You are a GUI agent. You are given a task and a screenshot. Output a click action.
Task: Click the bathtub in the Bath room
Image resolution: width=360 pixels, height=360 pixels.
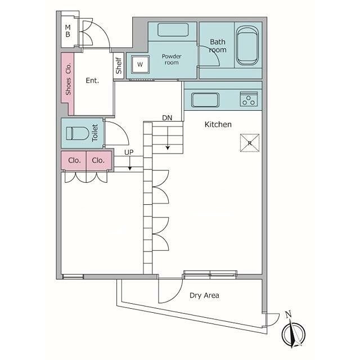(247, 46)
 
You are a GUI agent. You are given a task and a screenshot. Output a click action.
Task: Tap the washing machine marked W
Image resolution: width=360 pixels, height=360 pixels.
(140, 65)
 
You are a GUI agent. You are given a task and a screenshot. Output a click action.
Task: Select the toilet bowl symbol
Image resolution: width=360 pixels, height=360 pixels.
(78, 133)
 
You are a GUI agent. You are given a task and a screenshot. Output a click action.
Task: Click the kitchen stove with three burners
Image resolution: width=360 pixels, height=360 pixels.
(249, 99)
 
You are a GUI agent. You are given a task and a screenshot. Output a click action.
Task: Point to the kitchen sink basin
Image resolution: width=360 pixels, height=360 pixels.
(205, 100)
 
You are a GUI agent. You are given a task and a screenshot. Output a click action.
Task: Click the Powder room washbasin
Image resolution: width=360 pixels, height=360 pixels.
(173, 30)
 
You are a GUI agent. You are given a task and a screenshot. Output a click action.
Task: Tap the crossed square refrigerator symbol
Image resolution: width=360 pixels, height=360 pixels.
(250, 143)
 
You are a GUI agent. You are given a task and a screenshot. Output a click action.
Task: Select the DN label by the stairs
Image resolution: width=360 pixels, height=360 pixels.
(167, 118)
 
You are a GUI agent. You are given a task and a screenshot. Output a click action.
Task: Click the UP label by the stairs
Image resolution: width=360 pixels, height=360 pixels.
(129, 152)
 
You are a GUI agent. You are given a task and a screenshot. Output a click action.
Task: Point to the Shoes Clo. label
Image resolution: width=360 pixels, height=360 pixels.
(68, 79)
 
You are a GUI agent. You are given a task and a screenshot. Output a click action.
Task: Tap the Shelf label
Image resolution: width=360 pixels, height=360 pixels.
(119, 65)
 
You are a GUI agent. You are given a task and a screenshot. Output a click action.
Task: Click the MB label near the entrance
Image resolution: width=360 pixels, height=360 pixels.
(67, 31)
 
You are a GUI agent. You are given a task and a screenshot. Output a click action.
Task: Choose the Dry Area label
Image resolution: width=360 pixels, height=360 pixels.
(204, 295)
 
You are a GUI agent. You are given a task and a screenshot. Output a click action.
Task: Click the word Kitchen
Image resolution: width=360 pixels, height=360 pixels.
(218, 124)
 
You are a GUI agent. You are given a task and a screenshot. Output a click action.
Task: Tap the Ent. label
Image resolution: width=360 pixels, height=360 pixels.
(92, 80)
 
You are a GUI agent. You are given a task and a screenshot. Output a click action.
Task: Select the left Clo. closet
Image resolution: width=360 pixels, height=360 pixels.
(74, 160)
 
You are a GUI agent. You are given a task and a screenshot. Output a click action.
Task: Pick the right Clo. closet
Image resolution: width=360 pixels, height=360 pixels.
(99, 160)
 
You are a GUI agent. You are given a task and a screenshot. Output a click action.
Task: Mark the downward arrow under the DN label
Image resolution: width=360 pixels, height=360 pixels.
(168, 138)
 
